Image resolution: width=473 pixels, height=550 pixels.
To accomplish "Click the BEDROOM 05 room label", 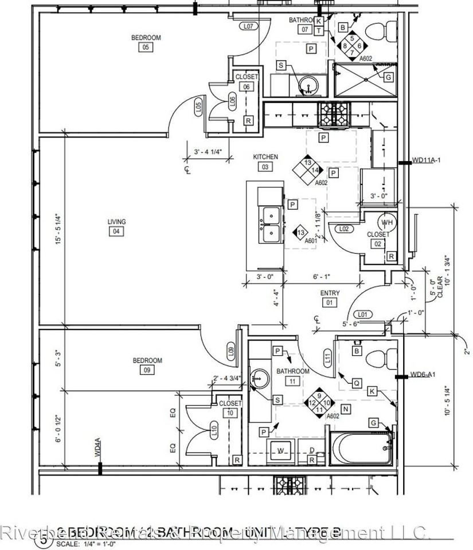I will point(146,38).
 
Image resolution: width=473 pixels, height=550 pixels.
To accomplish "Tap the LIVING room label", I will point(116,222).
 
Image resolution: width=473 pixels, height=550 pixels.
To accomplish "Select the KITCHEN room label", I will point(265,157).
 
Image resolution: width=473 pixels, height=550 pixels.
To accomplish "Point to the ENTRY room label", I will point(330,293).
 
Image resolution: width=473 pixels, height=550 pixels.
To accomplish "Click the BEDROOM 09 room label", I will point(147,361).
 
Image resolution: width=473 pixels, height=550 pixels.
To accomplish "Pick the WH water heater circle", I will point(386,222).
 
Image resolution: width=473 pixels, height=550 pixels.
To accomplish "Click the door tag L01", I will point(362,315).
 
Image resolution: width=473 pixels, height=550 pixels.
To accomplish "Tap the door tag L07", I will point(248,26).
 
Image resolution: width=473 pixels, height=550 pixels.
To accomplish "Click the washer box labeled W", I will point(281,451).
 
